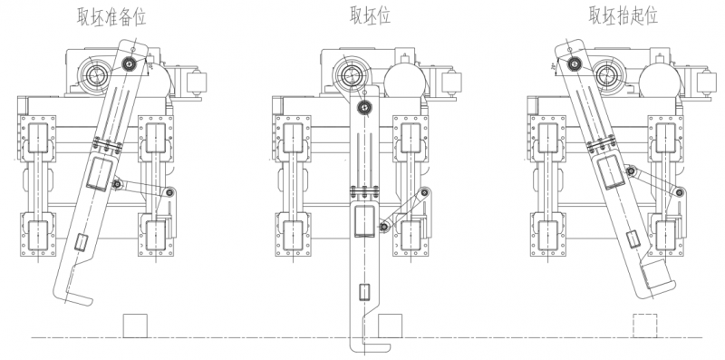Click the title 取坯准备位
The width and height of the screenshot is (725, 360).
pos(114,15)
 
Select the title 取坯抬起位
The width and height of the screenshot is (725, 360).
pos(623,15)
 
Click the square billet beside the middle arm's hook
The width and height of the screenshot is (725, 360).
pos(390,326)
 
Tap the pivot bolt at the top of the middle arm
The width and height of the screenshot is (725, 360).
pos(364,107)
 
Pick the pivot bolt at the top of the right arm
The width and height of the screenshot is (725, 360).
pos(572,63)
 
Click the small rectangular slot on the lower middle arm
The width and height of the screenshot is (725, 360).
pos(364,292)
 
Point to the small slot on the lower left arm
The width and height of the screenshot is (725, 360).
pos(80,242)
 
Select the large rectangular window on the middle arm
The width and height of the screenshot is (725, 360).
pos(364,219)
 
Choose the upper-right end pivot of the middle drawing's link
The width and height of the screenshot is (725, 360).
pos(423,192)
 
